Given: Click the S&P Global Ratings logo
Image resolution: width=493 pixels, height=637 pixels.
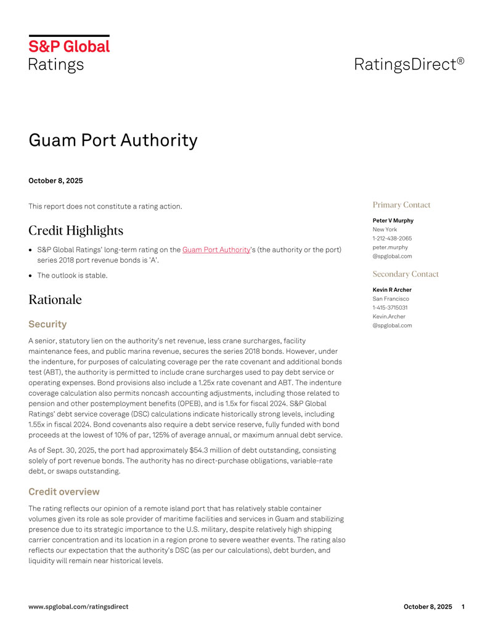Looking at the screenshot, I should pos(69,54).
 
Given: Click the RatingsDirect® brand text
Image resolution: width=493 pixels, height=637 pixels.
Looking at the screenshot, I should pos(409,63).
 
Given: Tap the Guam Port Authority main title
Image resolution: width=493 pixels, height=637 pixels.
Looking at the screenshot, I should pos(113,140).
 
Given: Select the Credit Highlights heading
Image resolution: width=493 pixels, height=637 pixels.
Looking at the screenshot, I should pos(76,231).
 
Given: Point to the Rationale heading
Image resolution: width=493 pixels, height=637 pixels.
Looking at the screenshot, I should pos(55,300).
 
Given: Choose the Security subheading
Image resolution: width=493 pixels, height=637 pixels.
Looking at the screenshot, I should pos(47,324).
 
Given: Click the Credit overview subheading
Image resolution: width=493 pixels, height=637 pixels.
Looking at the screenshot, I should pos(64,492).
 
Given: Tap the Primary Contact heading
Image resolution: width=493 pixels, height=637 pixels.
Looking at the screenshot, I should pos(401,205).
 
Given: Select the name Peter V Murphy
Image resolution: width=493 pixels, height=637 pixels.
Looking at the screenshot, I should pos(393,220).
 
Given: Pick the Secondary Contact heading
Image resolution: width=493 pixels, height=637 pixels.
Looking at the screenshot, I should pos(405,274).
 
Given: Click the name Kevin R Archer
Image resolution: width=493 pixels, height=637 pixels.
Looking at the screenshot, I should pos(392,289).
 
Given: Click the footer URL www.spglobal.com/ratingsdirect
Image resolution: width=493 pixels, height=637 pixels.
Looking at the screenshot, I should pos(79,606).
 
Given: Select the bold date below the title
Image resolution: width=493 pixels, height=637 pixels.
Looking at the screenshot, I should pos(55,181).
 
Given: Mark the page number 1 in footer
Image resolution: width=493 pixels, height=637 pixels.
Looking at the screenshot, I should pos(462,606).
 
